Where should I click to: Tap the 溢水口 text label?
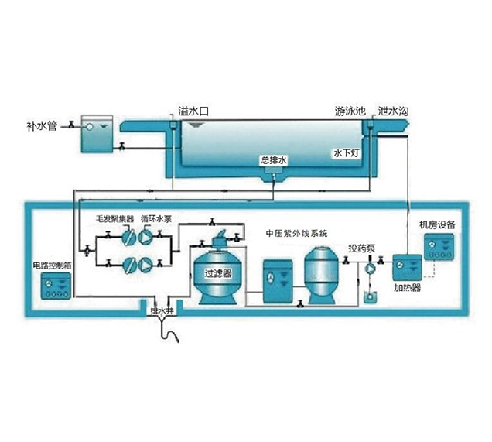point(193,112)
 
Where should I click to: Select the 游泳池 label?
point(350,112)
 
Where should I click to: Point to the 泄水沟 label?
point(394,112)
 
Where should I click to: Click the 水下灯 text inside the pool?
point(345,153)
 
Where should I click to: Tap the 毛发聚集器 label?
point(114,219)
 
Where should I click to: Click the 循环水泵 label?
point(156,219)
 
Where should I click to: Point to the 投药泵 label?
point(361,249)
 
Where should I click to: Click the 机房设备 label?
point(438,224)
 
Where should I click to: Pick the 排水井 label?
point(160,308)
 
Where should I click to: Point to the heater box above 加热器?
point(405,267)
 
